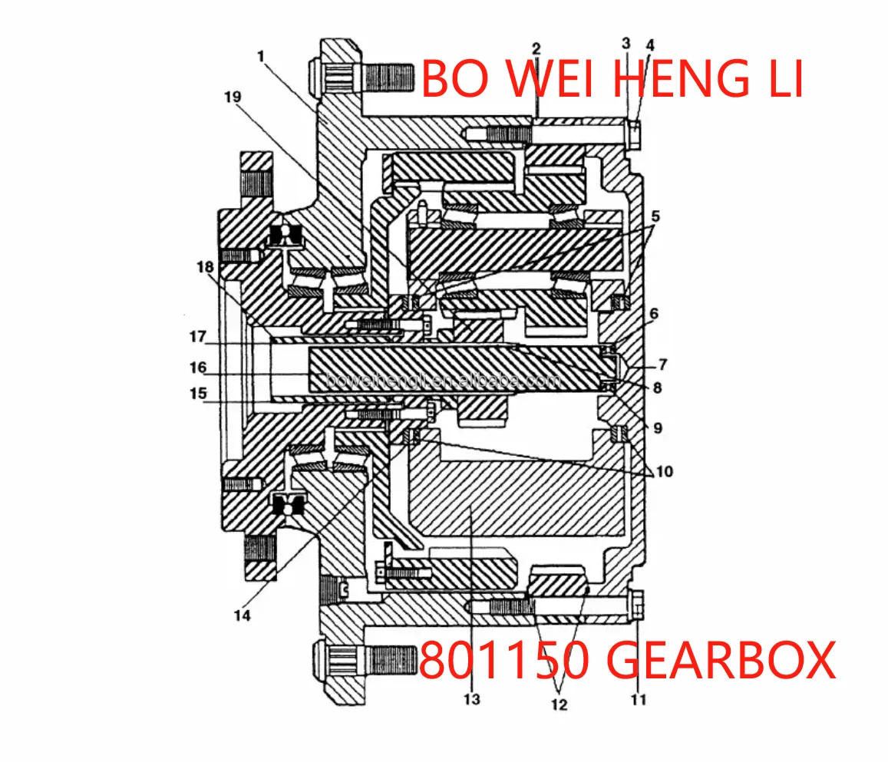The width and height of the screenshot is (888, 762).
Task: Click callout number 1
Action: click(x=261, y=56)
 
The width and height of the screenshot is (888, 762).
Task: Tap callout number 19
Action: click(x=233, y=97)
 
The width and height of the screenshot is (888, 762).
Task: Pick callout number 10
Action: click(x=664, y=470)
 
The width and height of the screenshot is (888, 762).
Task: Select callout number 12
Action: click(x=559, y=704)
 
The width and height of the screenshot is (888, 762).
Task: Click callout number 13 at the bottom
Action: click(x=471, y=699)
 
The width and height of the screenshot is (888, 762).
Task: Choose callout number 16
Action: click(x=199, y=368)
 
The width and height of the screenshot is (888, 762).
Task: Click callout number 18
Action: click(x=204, y=267)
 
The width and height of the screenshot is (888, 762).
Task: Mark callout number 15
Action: click(x=199, y=394)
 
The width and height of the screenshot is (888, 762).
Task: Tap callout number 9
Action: click(x=658, y=428)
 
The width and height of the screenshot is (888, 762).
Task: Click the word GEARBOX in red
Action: click(x=721, y=660)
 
